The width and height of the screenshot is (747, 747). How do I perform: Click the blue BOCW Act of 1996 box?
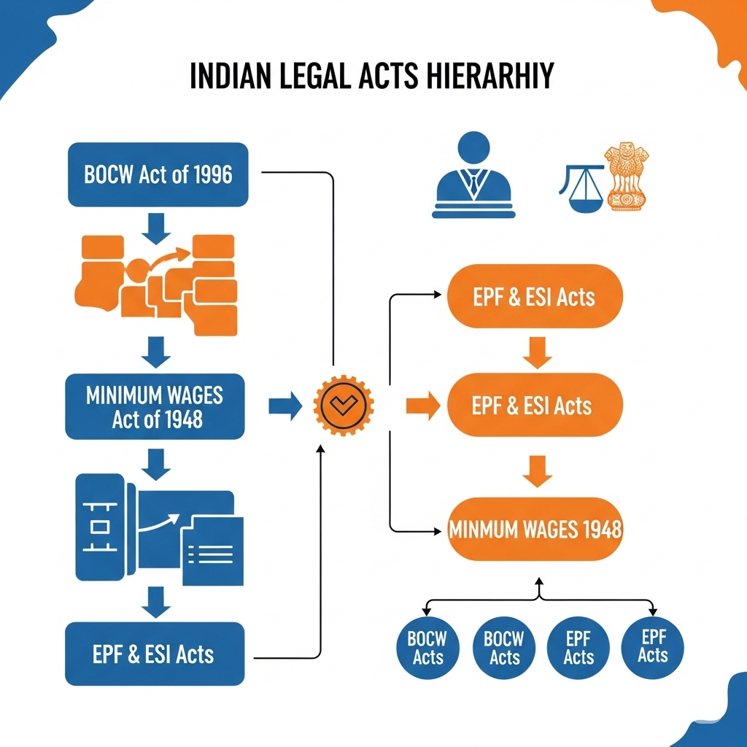click(158, 175)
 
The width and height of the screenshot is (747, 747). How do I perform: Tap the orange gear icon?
click(343, 406)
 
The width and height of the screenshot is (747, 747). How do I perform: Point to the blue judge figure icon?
click(474, 175)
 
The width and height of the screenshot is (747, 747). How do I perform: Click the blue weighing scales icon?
click(581, 188)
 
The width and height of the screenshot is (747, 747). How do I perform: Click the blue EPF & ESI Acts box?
click(154, 654)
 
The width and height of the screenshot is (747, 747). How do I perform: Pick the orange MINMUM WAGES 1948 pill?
click(535, 529)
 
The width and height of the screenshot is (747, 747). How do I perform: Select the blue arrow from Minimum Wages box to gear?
click(285, 406)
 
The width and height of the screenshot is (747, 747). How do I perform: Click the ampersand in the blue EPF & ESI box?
click(133, 654)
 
